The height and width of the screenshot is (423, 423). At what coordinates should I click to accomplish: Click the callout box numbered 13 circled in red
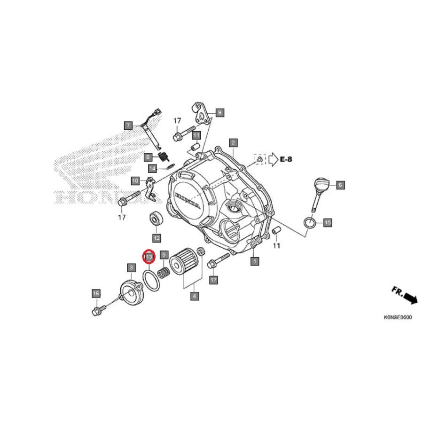click(x=149, y=257)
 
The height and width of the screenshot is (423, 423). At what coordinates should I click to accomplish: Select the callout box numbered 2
click(x=233, y=142)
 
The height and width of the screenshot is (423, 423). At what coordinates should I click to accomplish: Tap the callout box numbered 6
click(x=340, y=185)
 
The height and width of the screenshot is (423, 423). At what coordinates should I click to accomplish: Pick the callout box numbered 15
click(x=328, y=222)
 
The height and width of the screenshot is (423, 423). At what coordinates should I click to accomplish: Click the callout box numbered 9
click(x=219, y=112)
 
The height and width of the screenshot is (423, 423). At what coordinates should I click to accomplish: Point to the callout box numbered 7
click(x=128, y=125)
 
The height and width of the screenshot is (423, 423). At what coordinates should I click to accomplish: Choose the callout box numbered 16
click(x=96, y=294)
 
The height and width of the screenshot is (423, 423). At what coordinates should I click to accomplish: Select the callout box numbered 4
click(x=194, y=296)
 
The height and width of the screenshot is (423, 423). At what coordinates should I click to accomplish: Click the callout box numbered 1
click(x=255, y=260)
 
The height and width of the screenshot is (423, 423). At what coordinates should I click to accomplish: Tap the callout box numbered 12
click(x=156, y=238)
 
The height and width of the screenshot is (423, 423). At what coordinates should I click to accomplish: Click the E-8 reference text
click(x=286, y=159)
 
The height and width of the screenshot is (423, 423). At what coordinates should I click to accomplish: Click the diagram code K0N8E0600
click(x=398, y=317)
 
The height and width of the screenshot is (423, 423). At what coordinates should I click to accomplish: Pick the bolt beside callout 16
click(x=99, y=311)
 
